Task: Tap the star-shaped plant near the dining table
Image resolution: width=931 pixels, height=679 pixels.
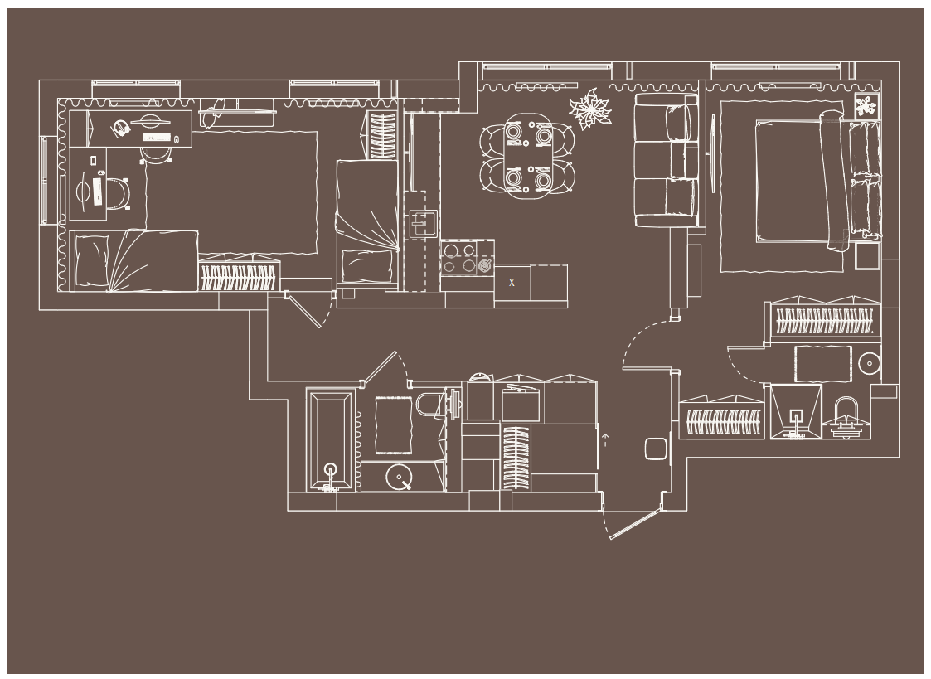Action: point(590,109)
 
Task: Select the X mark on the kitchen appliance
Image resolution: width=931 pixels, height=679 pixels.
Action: point(512,283)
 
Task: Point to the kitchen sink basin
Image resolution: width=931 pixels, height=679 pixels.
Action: point(423,223)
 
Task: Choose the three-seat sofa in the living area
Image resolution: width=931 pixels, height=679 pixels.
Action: point(666,160)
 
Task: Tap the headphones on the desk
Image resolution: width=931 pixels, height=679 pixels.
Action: point(121,129)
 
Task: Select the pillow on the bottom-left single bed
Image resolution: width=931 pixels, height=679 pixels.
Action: point(91,262)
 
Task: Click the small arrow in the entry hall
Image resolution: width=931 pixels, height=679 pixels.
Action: point(605,439)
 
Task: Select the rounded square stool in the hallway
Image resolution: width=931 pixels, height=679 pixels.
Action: point(656,449)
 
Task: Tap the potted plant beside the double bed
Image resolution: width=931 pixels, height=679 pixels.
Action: point(866,105)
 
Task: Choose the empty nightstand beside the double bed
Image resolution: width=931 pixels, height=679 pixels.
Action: point(867,255)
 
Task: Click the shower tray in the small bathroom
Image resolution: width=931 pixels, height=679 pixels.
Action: point(796,411)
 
